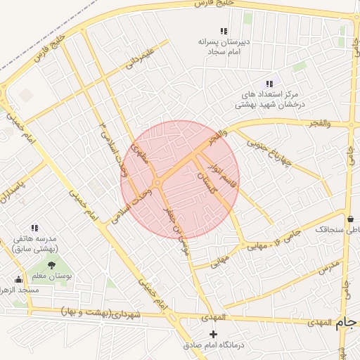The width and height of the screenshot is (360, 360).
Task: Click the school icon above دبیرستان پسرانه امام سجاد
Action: [x=224, y=31]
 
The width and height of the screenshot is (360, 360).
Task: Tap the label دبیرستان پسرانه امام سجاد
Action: [x=223, y=46]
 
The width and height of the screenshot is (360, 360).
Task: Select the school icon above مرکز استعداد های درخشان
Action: [x=269, y=84]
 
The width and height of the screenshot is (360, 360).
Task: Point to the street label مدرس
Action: [x=328, y=267]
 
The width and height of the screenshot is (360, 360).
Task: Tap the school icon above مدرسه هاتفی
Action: [x=34, y=227]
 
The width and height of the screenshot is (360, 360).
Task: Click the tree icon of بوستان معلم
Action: [x=52, y=265]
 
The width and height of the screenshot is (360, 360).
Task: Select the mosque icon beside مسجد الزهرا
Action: [x=18, y=279]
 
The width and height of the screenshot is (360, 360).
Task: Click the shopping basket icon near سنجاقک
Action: [x=350, y=218]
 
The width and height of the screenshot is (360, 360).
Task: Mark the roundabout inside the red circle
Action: [x=157, y=184]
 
